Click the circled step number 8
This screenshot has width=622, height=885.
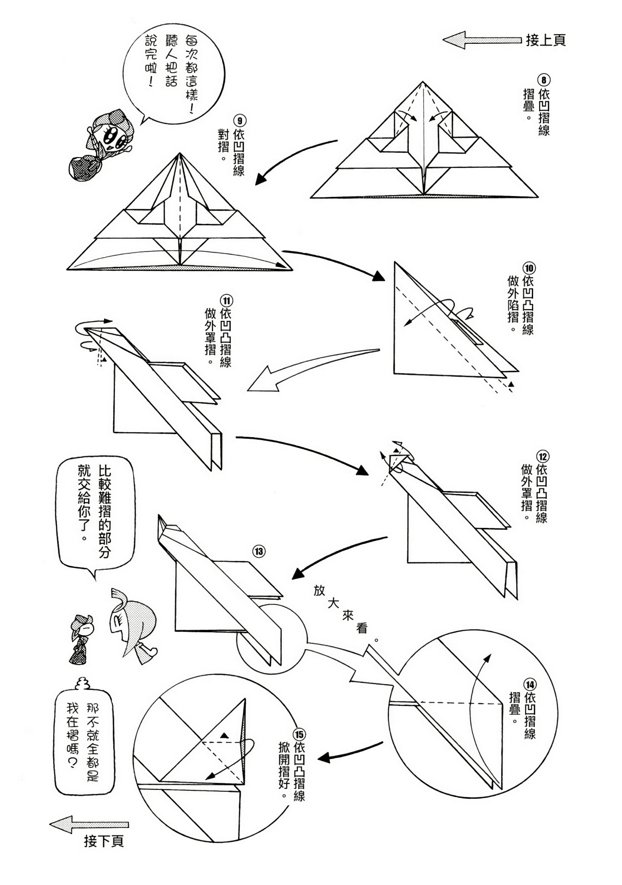point(544,80)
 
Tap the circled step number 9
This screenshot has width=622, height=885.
point(239,121)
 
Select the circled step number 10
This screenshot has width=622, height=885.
point(529,268)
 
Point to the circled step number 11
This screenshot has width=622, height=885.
point(226,301)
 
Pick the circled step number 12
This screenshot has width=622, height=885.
point(542,456)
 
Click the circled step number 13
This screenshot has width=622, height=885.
point(259,551)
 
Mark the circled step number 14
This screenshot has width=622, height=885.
point(530,684)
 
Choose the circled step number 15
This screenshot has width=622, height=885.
point(299,735)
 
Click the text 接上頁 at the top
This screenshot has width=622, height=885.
point(545,40)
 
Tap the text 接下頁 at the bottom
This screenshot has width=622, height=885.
point(104,841)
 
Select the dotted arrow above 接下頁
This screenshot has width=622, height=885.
point(88,825)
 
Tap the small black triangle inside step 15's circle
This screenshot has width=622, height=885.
point(225,735)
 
